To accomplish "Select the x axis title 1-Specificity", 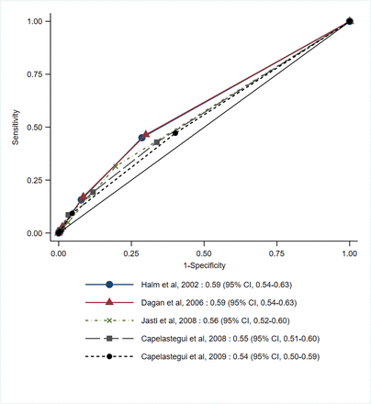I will pyautogui.click(x=204, y=263).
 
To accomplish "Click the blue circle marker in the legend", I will pyautogui.click(x=109, y=285).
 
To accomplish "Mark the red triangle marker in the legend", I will pyautogui.click(x=109, y=302).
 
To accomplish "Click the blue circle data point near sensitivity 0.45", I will pyautogui.click(x=141, y=138).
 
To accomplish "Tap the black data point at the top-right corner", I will pyautogui.click(x=349, y=21).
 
